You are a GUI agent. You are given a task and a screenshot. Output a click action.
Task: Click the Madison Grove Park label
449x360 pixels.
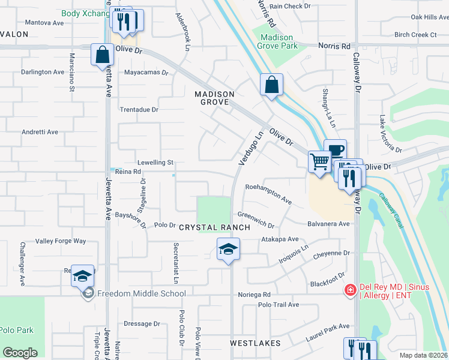(278, 41)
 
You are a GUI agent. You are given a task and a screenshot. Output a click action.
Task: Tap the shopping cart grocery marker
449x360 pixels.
(320, 161)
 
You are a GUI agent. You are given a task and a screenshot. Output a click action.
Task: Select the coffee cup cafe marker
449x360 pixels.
(335, 149)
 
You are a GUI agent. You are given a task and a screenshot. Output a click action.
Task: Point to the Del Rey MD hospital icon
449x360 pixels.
(349, 290)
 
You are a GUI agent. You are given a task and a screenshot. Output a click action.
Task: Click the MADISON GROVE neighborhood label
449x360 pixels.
(214, 98)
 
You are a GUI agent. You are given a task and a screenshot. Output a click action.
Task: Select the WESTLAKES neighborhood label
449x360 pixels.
(255, 343)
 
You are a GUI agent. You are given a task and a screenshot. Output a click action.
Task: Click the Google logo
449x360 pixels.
(20, 352)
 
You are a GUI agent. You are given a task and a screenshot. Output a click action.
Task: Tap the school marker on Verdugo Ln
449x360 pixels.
(228, 248)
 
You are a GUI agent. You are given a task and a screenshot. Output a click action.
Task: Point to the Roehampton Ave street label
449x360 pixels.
(268, 194)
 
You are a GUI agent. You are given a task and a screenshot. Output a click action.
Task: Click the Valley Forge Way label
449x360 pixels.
(61, 241)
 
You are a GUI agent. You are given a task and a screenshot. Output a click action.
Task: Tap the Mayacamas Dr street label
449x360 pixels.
(147, 73)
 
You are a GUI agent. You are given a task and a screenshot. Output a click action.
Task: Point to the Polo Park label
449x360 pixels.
(17, 330)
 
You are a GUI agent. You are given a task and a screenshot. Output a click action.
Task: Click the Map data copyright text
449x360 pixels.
(423, 355)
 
